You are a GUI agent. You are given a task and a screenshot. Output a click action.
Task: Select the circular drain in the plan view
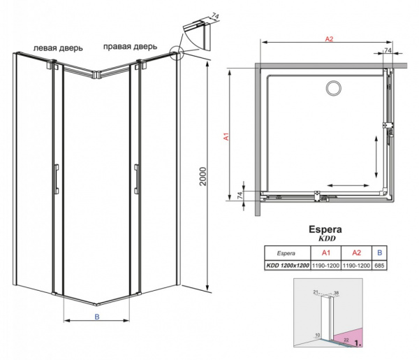coord(333,87)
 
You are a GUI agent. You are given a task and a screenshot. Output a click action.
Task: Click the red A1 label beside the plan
coord(227,138)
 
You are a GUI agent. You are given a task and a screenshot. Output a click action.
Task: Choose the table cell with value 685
coord(379,266)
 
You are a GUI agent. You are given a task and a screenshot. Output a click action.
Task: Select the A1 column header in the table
coord(325,253)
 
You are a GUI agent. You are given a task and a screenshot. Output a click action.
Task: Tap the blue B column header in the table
coord(379,253)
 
